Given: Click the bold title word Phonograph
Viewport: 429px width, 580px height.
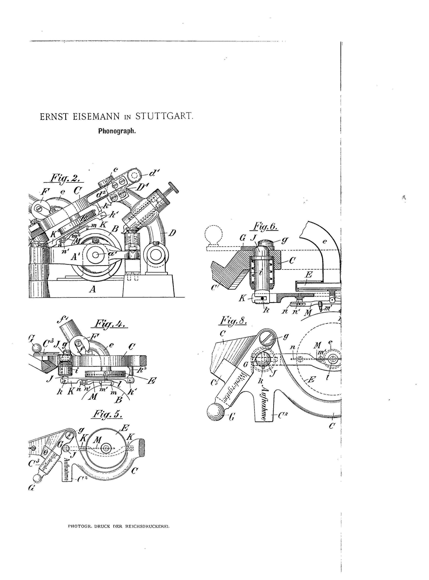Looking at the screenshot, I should point(117,131).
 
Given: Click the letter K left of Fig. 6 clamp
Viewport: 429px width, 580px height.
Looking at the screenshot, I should point(242,298).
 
